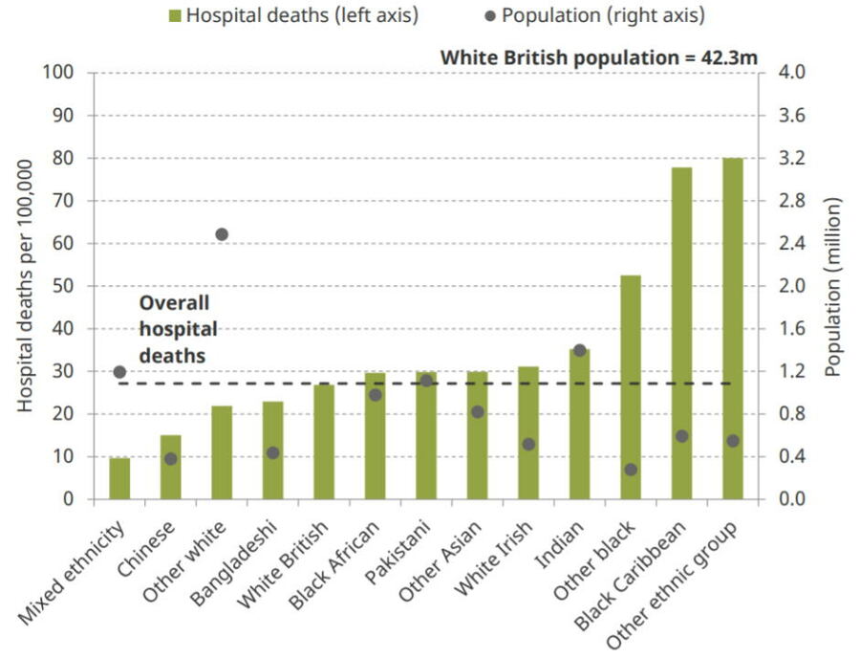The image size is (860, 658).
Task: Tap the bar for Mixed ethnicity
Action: pyautogui.click(x=119, y=478)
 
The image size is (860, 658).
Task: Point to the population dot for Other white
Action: pyautogui.click(x=222, y=234)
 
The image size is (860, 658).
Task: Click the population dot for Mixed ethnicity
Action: pyautogui.click(x=119, y=371)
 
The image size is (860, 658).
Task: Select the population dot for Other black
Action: pyautogui.click(x=631, y=470)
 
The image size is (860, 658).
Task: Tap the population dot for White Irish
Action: pyautogui.click(x=528, y=444)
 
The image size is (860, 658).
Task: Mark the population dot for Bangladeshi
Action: pyautogui.click(x=272, y=452)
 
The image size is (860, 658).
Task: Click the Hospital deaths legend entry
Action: pyautogui.click(x=292, y=15)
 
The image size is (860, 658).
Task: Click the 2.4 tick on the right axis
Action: pyautogui.click(x=796, y=244)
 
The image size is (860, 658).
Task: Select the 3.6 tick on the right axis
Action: pyautogui.click(x=796, y=116)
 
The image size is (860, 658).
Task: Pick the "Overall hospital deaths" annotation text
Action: pyautogui.click(x=178, y=328)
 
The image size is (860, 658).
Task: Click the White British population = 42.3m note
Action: pyautogui.click(x=598, y=57)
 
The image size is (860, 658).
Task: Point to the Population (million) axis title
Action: pyautogui.click(x=832, y=287)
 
